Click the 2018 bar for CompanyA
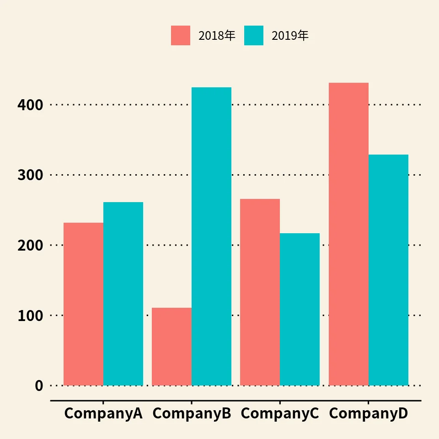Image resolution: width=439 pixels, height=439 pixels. [x=83, y=304]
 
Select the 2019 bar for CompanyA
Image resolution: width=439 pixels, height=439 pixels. [x=123, y=294]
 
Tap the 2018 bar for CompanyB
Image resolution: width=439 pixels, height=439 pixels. [x=171, y=346]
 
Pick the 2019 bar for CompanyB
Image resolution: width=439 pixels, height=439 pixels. [x=211, y=236]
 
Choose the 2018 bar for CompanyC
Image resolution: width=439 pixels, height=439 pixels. [x=260, y=292]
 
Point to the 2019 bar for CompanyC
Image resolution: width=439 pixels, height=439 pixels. [x=300, y=309]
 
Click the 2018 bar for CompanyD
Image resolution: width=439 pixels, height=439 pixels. [x=348, y=234]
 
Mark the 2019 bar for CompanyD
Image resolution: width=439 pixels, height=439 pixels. [x=388, y=270]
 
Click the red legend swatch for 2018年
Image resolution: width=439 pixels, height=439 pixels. [x=181, y=36]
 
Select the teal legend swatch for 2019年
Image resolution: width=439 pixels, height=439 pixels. [x=254, y=36]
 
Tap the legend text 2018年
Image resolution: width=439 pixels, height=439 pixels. [x=217, y=36]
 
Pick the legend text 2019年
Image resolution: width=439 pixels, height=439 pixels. [x=290, y=36]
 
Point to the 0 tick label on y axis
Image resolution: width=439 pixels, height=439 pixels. [x=39, y=385]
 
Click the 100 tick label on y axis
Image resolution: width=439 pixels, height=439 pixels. [x=30, y=316]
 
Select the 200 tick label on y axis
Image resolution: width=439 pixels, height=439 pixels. [x=30, y=245]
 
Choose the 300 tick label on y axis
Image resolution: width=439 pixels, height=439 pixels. [x=30, y=175]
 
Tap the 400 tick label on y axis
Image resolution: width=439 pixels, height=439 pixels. [x=30, y=105]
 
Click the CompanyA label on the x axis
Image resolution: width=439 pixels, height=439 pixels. [x=103, y=413]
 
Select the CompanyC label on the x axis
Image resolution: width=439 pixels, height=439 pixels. [x=280, y=413]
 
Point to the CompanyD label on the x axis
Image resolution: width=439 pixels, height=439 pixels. [x=368, y=413]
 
